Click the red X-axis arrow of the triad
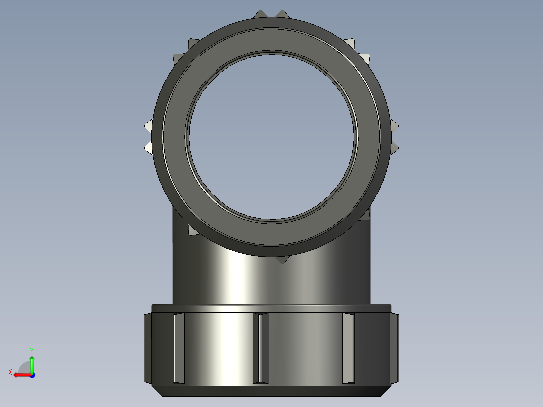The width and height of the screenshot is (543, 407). click(21, 375)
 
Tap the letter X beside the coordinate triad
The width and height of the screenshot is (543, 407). click(10, 372)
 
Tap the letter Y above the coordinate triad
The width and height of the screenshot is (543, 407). click(31, 350)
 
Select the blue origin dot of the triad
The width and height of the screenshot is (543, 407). click(32, 375)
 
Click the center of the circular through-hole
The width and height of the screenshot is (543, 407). click(271, 136)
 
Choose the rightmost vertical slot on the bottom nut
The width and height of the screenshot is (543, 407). click(348, 348)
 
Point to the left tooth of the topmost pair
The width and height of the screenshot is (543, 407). click(260, 14)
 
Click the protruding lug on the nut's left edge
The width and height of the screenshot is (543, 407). click(148, 348)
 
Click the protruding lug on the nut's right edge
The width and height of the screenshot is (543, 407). click(394, 348)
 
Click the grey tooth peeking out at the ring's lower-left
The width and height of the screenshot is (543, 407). click(192, 230)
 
